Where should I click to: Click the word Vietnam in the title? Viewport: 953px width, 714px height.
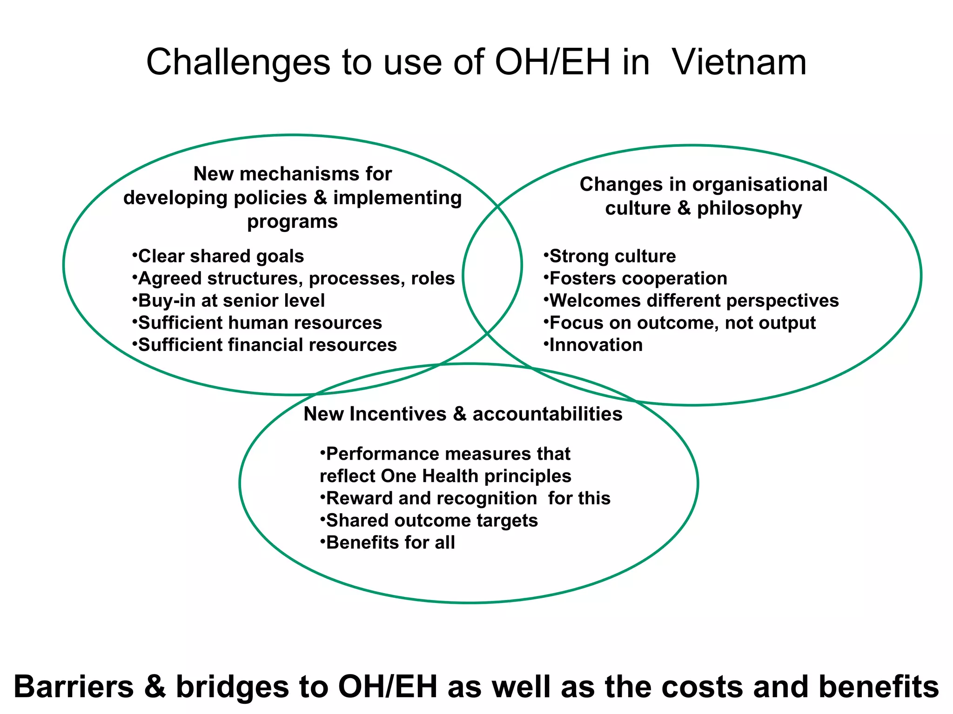tap(739, 62)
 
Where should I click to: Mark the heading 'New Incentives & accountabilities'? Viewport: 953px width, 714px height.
tap(463, 414)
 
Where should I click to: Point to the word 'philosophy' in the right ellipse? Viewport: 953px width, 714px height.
tap(749, 209)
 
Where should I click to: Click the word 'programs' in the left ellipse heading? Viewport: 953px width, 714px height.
tap(292, 222)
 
